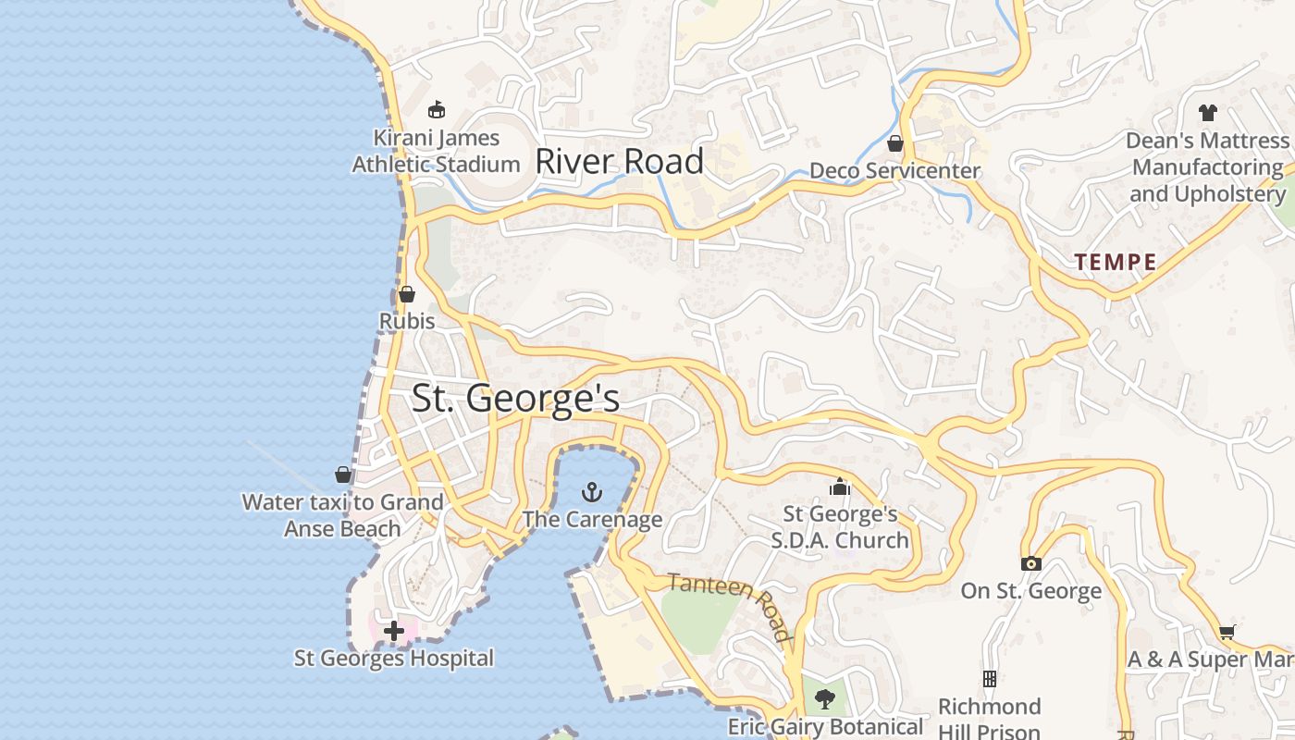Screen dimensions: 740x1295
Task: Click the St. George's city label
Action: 515,399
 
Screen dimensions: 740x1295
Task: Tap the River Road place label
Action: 620,162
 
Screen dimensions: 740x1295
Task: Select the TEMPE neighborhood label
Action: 1116,263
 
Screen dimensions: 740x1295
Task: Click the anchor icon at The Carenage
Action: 591,491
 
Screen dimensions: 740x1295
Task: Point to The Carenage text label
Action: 592,519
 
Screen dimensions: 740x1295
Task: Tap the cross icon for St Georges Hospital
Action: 394,632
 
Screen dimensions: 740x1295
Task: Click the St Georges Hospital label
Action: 394,659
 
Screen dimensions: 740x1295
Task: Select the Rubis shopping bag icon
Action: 406,295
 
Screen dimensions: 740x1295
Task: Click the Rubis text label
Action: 407,321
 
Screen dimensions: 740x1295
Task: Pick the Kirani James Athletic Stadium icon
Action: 437,110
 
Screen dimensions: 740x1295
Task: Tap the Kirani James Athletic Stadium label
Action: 437,151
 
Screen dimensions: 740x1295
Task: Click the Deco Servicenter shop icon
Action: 894,143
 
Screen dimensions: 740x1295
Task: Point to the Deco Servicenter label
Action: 894,171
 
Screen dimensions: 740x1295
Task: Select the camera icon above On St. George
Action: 1030,563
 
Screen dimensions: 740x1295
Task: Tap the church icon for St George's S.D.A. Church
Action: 840,486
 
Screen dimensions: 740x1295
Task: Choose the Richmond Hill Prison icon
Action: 990,679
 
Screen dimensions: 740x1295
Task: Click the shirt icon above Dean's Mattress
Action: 1207,113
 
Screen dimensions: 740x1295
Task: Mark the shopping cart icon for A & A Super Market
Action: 1227,633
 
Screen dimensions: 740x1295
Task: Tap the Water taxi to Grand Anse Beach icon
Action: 343,475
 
